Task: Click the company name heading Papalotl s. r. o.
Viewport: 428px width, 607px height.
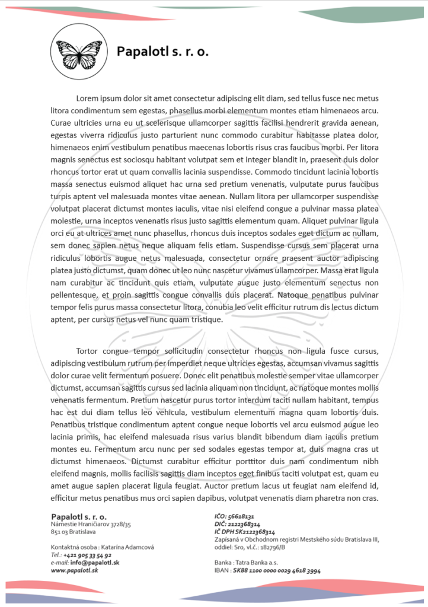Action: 162,52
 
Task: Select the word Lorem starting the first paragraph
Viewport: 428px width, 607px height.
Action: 87,98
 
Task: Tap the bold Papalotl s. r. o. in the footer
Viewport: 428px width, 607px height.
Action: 79,517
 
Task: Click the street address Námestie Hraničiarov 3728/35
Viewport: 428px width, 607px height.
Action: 91,525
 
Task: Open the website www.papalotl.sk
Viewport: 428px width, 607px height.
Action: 74,570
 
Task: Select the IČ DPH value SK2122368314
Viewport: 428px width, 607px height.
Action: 254,532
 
